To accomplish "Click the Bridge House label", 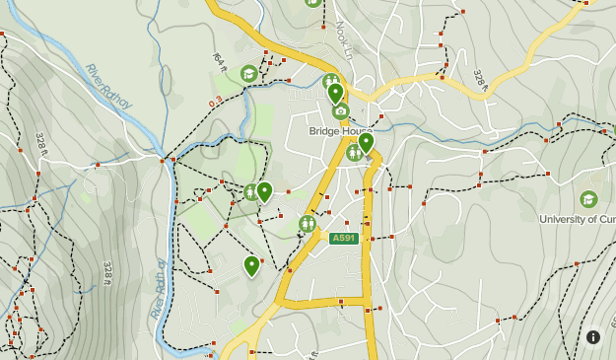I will click(x=341, y=131).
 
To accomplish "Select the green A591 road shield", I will click(x=343, y=238).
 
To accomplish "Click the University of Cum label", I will click(x=577, y=219).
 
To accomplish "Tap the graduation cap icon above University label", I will click(x=588, y=198).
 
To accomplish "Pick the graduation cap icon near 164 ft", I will click(x=248, y=73).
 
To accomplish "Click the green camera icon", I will click(x=341, y=111).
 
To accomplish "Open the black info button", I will click(x=593, y=337).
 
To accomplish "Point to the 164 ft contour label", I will click(x=219, y=59).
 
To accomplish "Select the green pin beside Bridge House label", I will click(x=366, y=142).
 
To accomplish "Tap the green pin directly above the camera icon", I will click(x=335, y=93).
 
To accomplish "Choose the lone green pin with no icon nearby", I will click(x=251, y=264).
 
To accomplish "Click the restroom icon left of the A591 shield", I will click(x=308, y=225).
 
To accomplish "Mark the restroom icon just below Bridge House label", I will click(x=354, y=153).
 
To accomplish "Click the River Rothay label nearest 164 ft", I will click(x=108, y=87).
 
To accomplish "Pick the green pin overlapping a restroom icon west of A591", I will click(x=264, y=190).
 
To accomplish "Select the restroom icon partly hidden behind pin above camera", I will click(x=328, y=82).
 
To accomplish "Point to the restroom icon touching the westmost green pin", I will click(x=251, y=191).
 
